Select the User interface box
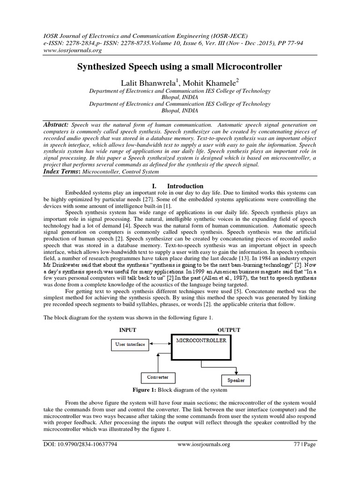tap(130, 345)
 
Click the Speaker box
tap(235, 380)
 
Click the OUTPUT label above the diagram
tap(228, 330)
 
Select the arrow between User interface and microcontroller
tap(160, 345)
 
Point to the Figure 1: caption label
tap(147, 390)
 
